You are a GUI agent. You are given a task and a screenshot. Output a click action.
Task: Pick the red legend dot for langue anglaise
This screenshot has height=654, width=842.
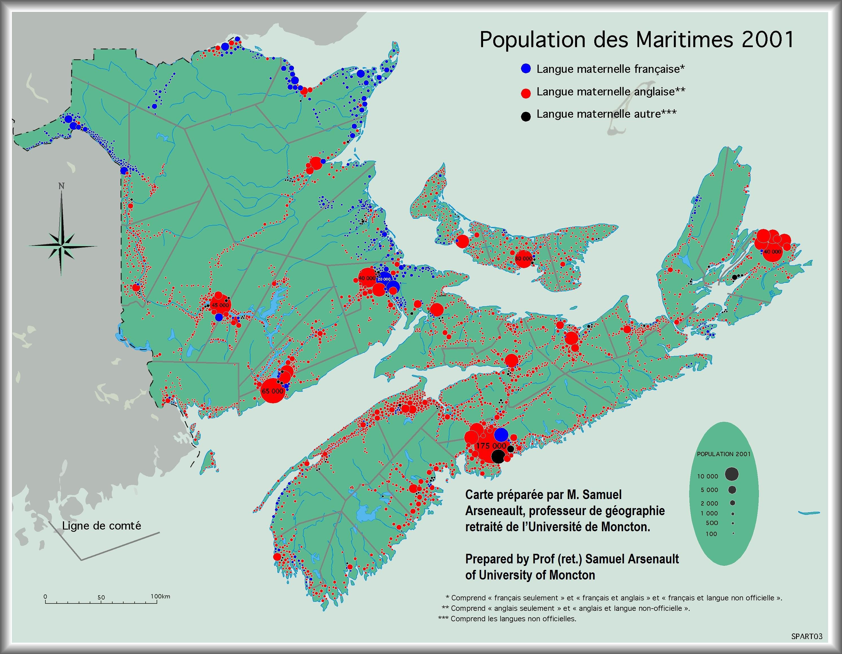coord(526,93)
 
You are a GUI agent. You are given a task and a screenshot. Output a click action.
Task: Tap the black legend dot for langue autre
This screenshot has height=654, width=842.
coord(526,116)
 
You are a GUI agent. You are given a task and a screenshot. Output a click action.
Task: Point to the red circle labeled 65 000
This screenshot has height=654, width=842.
coord(273,391)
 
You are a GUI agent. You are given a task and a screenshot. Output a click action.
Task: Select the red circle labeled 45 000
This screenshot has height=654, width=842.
coord(220,305)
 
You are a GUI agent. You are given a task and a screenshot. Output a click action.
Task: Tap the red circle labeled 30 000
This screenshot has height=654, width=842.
coord(523,258)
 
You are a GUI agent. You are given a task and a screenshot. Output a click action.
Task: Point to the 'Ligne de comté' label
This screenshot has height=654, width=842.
coord(101,526)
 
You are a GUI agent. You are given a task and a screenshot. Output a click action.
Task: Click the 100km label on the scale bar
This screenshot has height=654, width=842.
coord(160,596)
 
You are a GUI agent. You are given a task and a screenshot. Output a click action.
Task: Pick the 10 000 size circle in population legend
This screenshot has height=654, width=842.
coord(731,474)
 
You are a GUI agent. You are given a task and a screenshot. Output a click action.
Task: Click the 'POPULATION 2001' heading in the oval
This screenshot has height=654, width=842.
coord(724,454)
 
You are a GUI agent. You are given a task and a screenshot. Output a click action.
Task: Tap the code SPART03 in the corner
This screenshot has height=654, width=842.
coord(806,636)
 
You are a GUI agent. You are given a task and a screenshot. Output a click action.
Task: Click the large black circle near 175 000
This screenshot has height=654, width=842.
coord(498,457)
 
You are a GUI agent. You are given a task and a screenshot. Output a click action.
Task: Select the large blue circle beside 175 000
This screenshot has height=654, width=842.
coord(501,435)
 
